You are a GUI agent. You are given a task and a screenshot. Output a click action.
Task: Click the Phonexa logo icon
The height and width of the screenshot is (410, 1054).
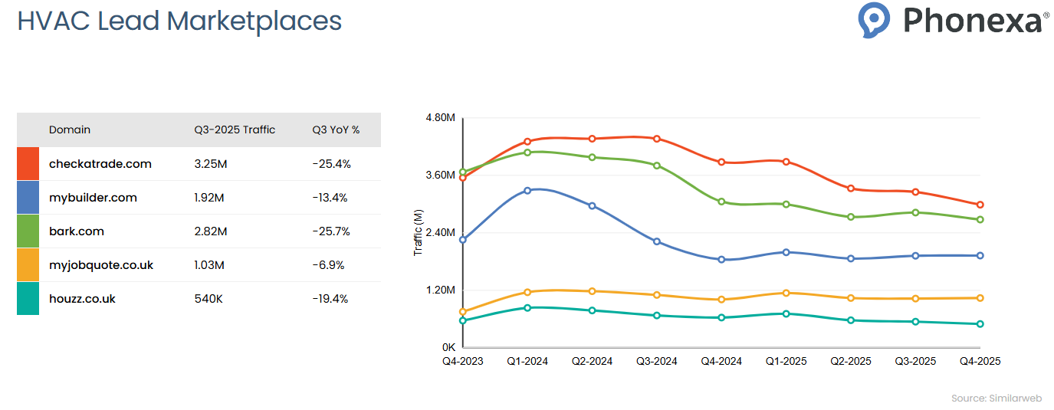click(874, 20)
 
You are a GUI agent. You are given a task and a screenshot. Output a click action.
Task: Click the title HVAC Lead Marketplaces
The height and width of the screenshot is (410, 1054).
click(179, 21)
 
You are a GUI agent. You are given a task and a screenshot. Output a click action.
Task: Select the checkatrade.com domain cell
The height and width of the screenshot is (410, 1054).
click(100, 164)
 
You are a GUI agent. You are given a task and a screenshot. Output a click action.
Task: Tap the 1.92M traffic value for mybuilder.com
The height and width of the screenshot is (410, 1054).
click(209, 198)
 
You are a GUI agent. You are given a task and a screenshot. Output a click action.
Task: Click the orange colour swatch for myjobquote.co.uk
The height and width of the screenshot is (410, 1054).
click(28, 265)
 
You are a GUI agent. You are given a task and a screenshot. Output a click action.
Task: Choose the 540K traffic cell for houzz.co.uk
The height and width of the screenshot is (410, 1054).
click(209, 299)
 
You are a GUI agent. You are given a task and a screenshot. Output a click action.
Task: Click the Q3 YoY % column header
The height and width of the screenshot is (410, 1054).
click(336, 130)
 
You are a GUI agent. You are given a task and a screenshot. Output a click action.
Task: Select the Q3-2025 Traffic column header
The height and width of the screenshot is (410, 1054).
click(235, 130)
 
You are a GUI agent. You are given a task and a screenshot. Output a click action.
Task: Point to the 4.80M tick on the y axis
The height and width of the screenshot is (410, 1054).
click(441, 118)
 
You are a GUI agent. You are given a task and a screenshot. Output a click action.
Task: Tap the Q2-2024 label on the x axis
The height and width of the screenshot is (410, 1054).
click(592, 361)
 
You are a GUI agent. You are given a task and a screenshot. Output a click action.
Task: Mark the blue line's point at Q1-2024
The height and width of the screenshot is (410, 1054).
click(527, 190)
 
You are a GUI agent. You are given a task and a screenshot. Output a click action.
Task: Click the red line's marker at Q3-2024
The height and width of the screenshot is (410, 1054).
click(657, 139)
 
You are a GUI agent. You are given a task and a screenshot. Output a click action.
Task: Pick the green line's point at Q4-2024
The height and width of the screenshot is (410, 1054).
click(721, 202)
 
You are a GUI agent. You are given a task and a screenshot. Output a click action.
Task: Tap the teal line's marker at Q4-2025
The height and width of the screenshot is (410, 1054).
click(980, 324)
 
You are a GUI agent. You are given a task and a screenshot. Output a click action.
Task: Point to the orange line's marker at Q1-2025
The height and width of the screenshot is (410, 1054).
click(786, 293)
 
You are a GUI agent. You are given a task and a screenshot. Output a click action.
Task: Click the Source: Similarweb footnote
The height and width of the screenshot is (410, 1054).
click(995, 399)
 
